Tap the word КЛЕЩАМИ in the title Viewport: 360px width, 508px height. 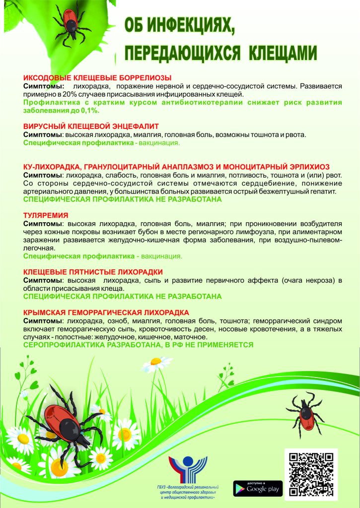(x=276, y=51)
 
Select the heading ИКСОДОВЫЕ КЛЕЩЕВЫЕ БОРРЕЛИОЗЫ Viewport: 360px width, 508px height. (x=97, y=78)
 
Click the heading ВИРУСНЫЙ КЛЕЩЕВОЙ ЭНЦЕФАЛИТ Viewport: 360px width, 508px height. (x=91, y=127)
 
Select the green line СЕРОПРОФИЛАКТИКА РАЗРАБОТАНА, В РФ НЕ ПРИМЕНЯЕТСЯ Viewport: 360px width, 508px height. (x=139, y=345)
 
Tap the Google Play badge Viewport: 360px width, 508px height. (x=258, y=489)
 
